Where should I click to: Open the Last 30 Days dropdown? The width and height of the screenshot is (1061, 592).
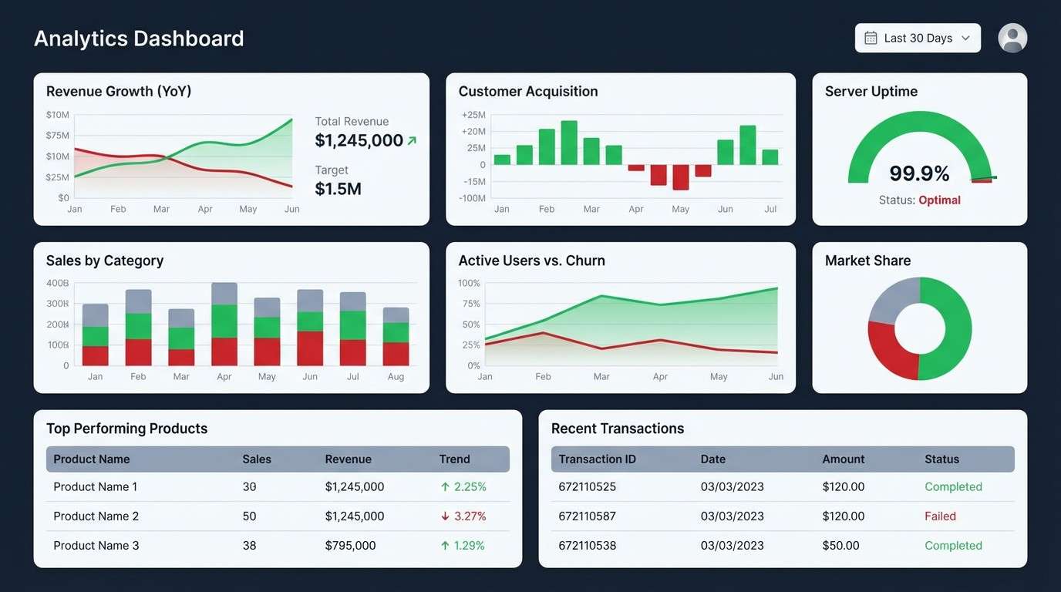pos(918,38)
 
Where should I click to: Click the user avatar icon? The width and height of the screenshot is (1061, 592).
pos(1012,38)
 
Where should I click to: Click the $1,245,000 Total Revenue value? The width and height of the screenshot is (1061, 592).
pos(359,140)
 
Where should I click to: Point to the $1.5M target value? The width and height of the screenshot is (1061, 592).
pos(338,189)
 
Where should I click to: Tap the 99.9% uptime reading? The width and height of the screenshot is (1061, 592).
pos(919,173)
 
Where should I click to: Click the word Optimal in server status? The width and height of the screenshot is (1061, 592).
pos(939,200)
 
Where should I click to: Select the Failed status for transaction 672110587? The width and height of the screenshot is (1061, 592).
pos(940,516)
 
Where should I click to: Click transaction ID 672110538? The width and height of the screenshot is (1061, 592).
pos(587,546)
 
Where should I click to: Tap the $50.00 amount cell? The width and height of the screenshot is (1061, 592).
pos(840,546)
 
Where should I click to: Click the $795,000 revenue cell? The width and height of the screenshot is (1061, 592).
pos(350,546)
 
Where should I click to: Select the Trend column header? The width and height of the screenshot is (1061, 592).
pos(454,459)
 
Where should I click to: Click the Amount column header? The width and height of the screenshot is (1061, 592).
pos(843,459)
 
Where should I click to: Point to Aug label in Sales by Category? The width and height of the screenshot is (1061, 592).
pos(396,377)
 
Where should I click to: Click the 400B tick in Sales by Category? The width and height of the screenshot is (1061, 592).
pos(58,283)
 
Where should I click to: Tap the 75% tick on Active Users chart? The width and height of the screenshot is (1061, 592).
pos(470,304)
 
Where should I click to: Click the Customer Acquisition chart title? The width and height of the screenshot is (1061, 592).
pos(527,92)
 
